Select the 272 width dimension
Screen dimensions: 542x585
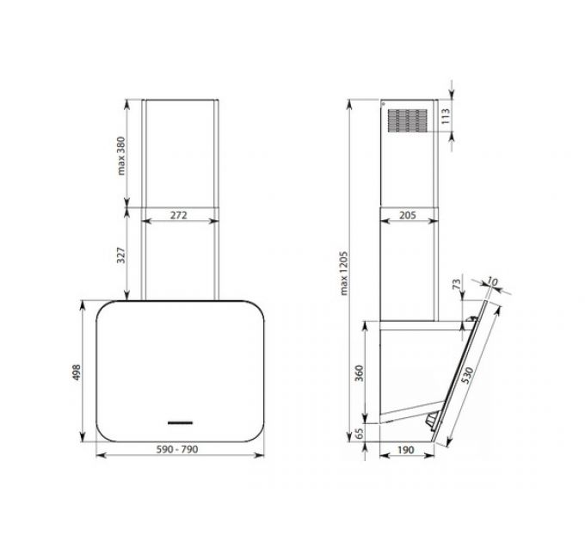click(x=177, y=215)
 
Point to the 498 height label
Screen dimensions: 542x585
click(x=76, y=372)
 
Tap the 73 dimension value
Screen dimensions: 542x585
click(x=457, y=284)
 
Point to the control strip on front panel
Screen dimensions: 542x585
click(x=178, y=423)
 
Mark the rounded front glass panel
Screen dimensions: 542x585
click(x=178, y=370)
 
